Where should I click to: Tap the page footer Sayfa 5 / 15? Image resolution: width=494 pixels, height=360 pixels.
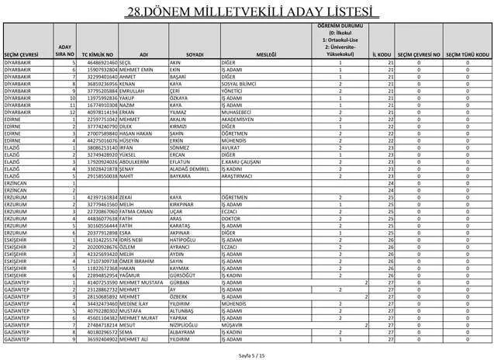[x=247, y=354]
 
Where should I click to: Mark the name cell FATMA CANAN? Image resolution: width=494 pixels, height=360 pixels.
[x=137, y=211]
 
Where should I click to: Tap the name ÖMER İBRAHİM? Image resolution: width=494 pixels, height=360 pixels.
[x=138, y=262]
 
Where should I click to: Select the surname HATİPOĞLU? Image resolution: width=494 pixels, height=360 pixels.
[x=184, y=241]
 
